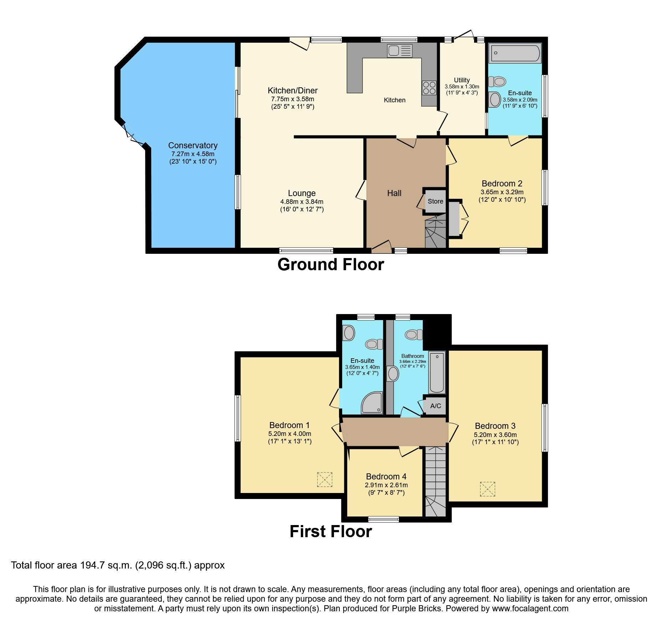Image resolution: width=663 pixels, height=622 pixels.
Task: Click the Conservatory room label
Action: pyautogui.click(x=193, y=145)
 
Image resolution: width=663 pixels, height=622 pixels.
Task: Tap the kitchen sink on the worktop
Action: pyautogui.click(x=400, y=51)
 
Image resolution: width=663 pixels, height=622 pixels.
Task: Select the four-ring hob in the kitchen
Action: pyautogui.click(x=429, y=88)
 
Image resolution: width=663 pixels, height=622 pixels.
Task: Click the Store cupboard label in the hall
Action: pyautogui.click(x=435, y=201)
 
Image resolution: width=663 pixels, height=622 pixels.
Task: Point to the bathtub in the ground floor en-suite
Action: pyautogui.click(x=515, y=53)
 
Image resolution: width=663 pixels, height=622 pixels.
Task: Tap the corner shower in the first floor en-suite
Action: pyautogui.click(x=372, y=403)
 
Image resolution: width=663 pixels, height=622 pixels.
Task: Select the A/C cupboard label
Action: pyautogui.click(x=436, y=406)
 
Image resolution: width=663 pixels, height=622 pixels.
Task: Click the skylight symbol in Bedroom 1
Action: pyautogui.click(x=324, y=479)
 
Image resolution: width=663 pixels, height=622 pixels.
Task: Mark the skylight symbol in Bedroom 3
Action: pyautogui.click(x=487, y=489)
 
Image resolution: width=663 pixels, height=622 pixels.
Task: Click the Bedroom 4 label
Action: pyautogui.click(x=386, y=477)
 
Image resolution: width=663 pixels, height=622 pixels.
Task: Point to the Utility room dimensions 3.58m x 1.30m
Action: pyautogui.click(x=462, y=87)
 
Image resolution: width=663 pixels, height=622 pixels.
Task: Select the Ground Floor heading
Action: pyautogui.click(x=330, y=265)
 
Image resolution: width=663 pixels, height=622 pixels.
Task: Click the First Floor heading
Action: pyautogui.click(x=330, y=531)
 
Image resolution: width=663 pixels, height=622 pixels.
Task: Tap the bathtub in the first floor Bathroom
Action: pyautogui.click(x=437, y=372)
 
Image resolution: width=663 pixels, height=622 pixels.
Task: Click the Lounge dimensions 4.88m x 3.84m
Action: pyautogui.click(x=302, y=202)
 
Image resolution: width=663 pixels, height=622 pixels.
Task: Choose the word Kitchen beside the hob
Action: pyautogui.click(x=394, y=100)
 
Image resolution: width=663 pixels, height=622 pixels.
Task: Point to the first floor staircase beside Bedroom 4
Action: pyautogui.click(x=435, y=481)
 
